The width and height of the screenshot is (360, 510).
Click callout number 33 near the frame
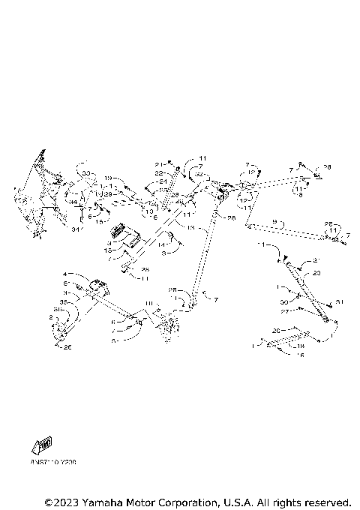click(86, 173)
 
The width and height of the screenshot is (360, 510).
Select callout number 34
click(73, 201)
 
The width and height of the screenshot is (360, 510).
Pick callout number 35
click(65, 301)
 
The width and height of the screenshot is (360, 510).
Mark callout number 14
click(160, 244)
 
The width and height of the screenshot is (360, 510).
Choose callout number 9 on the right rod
click(274, 222)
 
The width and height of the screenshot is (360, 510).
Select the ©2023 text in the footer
click(61, 501)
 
